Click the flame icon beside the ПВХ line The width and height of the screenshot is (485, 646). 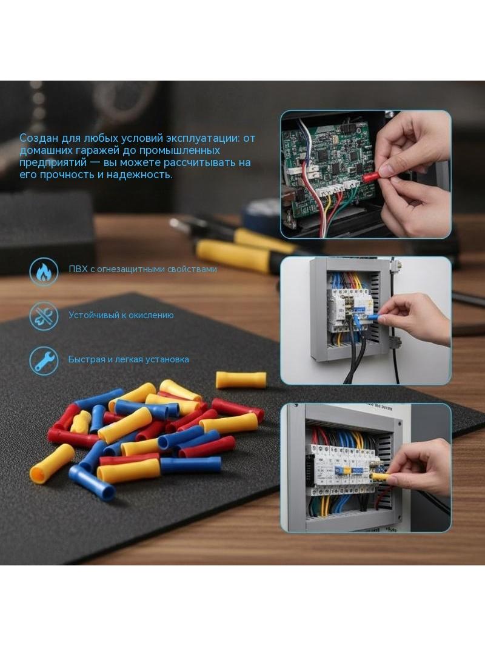[x=44, y=271]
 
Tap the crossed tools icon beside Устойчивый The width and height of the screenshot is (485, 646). [x=44, y=316]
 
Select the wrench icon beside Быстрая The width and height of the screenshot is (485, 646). [x=44, y=361]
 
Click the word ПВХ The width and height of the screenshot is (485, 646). [x=78, y=269]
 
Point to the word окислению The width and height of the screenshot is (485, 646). [x=151, y=315]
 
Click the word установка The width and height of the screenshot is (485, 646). [x=168, y=359]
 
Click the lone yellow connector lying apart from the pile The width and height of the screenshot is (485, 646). [x=241, y=380]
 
